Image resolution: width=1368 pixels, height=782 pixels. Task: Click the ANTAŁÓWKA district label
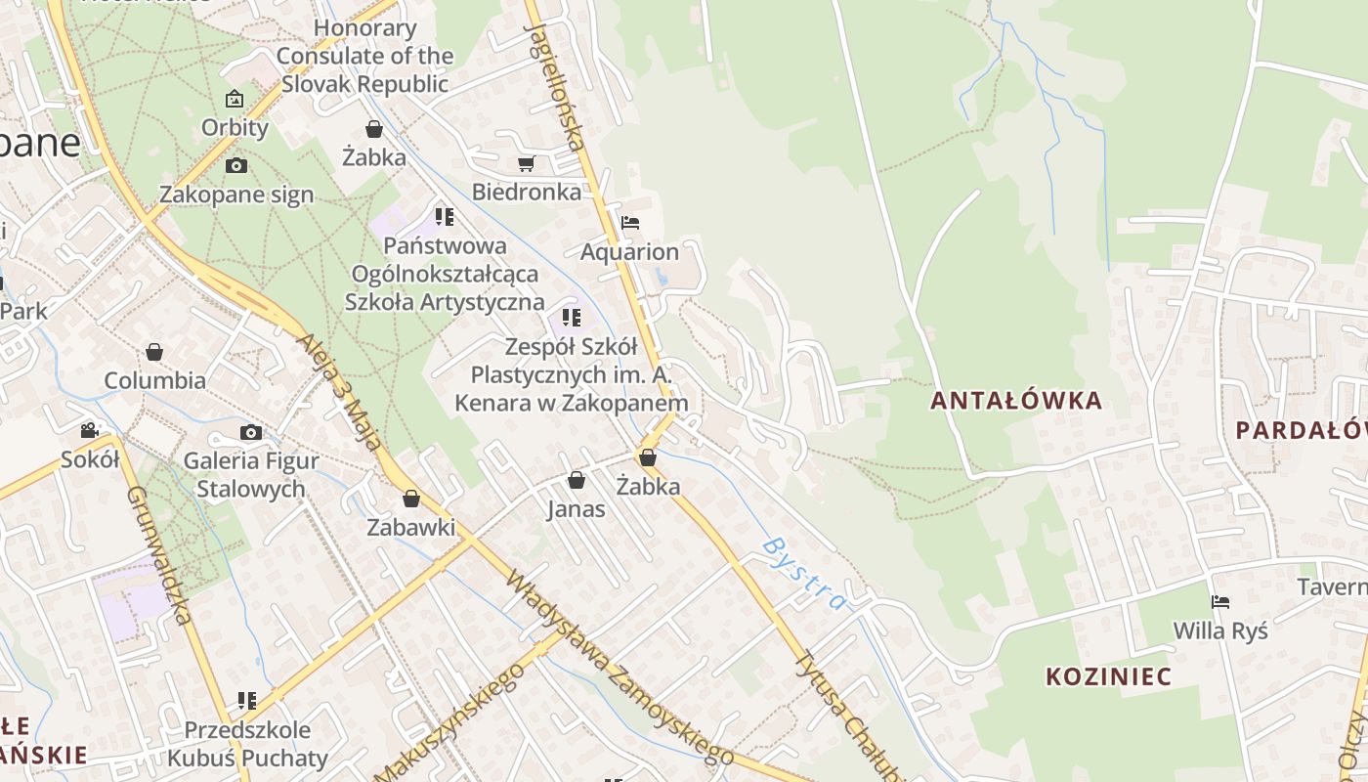1016,401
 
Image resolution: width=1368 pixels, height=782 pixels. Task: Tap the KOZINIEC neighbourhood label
1108,676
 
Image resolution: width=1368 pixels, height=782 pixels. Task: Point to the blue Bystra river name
803,573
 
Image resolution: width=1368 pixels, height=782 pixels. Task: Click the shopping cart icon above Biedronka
527,164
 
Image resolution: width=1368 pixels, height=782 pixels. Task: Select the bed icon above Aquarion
630,223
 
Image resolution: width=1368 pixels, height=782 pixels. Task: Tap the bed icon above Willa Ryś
1219,602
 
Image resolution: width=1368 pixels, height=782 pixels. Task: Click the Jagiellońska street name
555,73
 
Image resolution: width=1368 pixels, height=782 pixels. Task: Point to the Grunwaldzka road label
156,552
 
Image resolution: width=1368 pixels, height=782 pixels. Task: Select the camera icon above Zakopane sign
235,166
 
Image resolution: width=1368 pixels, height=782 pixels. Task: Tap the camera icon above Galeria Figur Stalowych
251,433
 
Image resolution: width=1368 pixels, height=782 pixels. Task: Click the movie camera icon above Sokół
89,430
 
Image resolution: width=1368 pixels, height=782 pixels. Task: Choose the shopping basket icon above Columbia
154,352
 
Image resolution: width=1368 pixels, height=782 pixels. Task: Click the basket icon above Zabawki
411,499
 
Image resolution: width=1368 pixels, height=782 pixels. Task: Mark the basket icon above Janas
577,480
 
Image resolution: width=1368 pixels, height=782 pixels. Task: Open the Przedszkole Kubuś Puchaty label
247,744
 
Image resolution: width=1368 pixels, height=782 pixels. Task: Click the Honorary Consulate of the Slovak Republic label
364,56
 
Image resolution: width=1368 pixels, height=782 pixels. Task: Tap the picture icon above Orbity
235,99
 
